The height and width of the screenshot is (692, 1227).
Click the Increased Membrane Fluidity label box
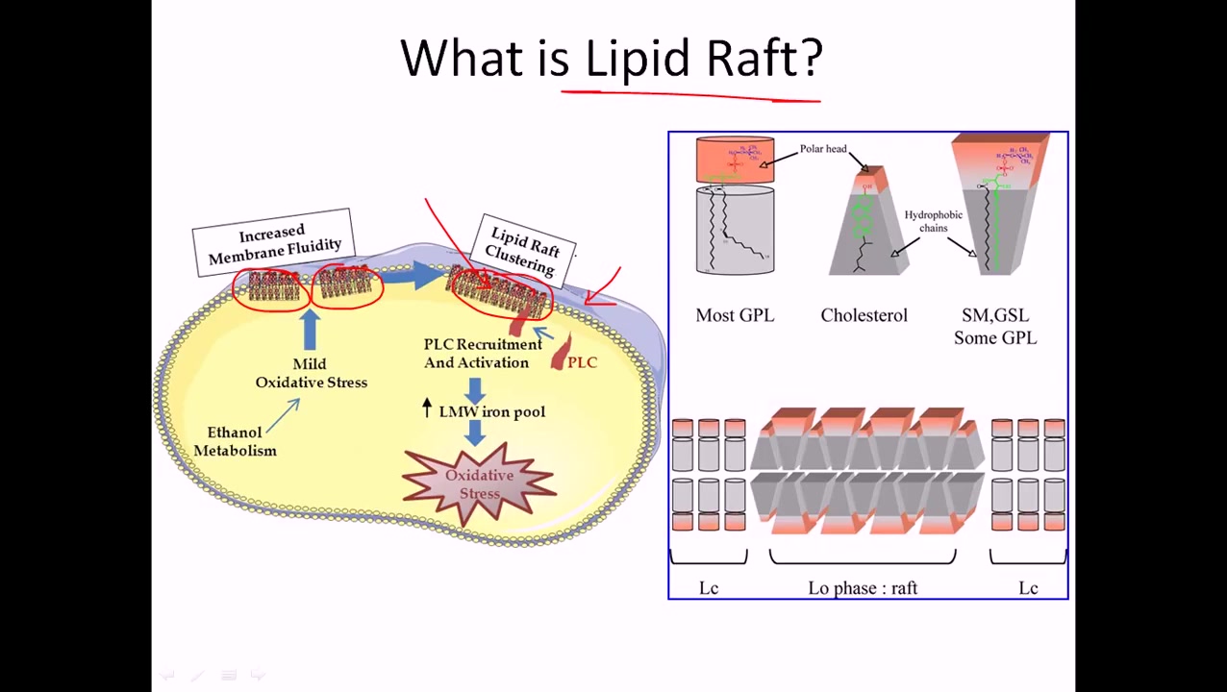pyautogui.click(x=274, y=242)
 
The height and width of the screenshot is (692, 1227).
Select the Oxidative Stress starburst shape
pyautogui.click(x=479, y=483)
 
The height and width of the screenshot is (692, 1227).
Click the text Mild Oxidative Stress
pyautogui.click(x=311, y=373)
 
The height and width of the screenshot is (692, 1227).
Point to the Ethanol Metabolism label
pyautogui.click(x=235, y=441)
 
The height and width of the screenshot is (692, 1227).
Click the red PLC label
pyautogui.click(x=582, y=362)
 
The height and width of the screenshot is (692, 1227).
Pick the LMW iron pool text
pyautogui.click(x=491, y=411)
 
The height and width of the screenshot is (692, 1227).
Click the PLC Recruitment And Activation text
pyautogui.click(x=482, y=353)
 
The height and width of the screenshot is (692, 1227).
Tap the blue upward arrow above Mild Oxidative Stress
pyautogui.click(x=310, y=330)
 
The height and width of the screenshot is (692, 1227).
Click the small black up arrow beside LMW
pyautogui.click(x=427, y=408)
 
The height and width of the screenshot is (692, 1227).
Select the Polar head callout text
pyautogui.click(x=823, y=149)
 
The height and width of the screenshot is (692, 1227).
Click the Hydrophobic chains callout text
pyautogui.click(x=933, y=221)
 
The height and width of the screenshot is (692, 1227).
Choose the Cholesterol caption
pyautogui.click(x=864, y=315)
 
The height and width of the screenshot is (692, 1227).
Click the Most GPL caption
pyautogui.click(x=735, y=315)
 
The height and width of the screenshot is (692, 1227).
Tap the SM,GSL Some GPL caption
pyautogui.click(x=995, y=326)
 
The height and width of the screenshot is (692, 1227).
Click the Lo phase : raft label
pyautogui.click(x=863, y=588)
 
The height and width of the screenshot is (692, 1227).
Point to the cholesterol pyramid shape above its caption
pyautogui.click(x=865, y=226)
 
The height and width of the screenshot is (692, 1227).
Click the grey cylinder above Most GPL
pyautogui.click(x=735, y=231)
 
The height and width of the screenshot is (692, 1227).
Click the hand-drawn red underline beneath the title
pyautogui.click(x=690, y=95)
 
